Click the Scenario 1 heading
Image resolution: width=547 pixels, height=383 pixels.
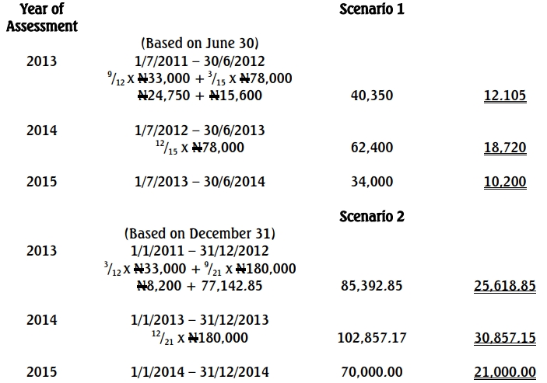click(x=372, y=10)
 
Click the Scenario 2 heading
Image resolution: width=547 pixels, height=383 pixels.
click(x=372, y=216)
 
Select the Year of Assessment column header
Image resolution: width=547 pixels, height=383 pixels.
click(x=42, y=18)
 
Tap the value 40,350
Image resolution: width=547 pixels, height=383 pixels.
click(x=372, y=96)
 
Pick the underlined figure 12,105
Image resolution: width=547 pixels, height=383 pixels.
click(x=504, y=96)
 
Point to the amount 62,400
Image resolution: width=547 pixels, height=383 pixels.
click(x=372, y=148)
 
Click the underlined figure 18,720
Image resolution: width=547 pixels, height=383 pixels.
click(x=504, y=148)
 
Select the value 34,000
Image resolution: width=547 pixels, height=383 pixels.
click(x=372, y=182)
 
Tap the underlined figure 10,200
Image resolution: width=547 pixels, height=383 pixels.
click(x=504, y=182)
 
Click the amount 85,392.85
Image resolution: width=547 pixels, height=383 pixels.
click(x=372, y=286)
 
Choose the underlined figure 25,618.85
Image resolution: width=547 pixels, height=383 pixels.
click(x=504, y=286)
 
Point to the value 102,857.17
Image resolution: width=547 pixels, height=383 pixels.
click(x=372, y=338)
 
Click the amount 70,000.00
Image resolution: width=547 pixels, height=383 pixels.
click(x=372, y=372)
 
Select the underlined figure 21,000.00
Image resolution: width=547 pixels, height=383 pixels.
click(x=504, y=372)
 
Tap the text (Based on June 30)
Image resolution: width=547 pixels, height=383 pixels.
click(x=199, y=44)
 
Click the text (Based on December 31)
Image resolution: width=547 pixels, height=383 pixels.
click(x=199, y=233)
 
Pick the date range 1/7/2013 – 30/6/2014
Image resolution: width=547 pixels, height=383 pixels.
click(x=199, y=182)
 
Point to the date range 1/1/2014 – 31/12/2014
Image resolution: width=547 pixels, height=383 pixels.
click(x=199, y=372)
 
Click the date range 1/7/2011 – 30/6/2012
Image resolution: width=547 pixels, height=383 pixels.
click(x=199, y=61)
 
